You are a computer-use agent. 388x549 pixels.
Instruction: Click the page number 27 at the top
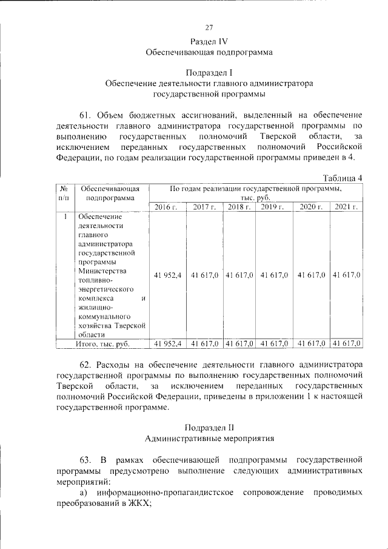[209, 27]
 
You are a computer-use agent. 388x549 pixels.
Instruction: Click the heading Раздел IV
[209, 41]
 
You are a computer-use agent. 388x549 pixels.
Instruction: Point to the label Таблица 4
[343, 177]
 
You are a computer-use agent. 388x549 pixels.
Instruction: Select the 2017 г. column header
[204, 207]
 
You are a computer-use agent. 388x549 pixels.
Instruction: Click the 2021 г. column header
[346, 207]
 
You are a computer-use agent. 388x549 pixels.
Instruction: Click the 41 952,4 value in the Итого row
[168, 343]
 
